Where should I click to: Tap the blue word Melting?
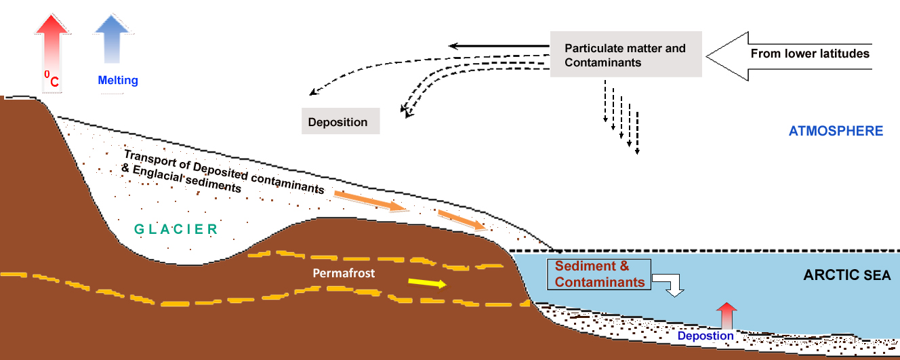point(118,81)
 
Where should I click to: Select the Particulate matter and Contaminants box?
point(625,55)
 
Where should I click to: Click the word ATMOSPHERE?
point(836,131)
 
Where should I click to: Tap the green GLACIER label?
point(176,229)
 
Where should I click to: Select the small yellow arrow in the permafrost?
point(428,283)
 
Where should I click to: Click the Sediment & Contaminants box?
point(599,274)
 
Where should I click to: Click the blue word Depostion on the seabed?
point(705,336)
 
